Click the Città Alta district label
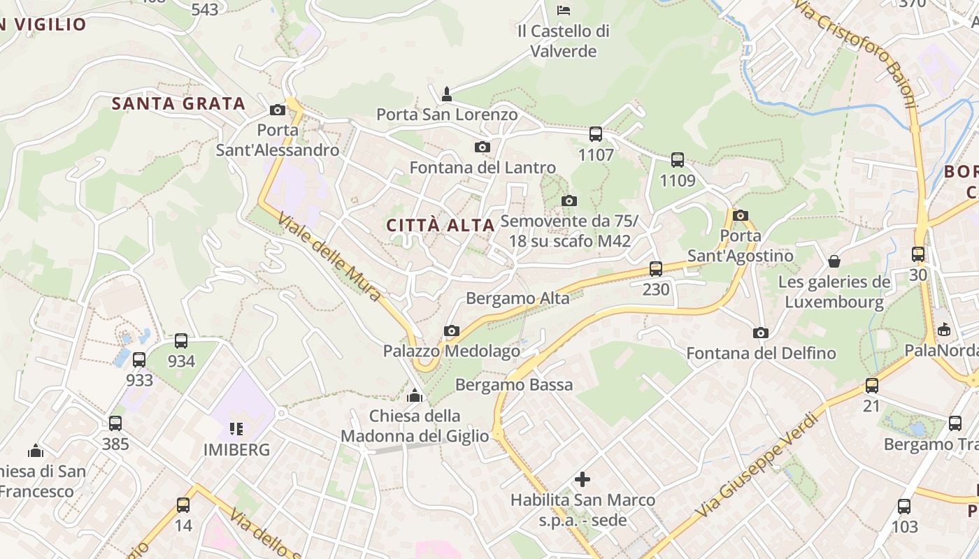[441, 225]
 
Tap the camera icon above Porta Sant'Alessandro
[278, 110]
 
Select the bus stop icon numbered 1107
[596, 133]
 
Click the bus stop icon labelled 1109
[678, 159]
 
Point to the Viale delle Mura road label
[330, 257]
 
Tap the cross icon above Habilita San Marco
[582, 479]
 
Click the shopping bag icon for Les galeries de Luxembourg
[834, 261]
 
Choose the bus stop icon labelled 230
[656, 268]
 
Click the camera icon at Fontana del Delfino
[761, 333]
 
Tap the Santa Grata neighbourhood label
[179, 104]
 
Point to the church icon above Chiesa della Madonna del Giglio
[415, 396]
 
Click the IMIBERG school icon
[236, 428]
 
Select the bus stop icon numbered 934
[181, 340]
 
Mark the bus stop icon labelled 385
[115, 423]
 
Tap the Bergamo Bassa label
[514, 384]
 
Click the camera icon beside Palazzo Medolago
[452, 331]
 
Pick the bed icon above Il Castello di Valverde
[564, 10]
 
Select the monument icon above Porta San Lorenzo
[447, 94]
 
